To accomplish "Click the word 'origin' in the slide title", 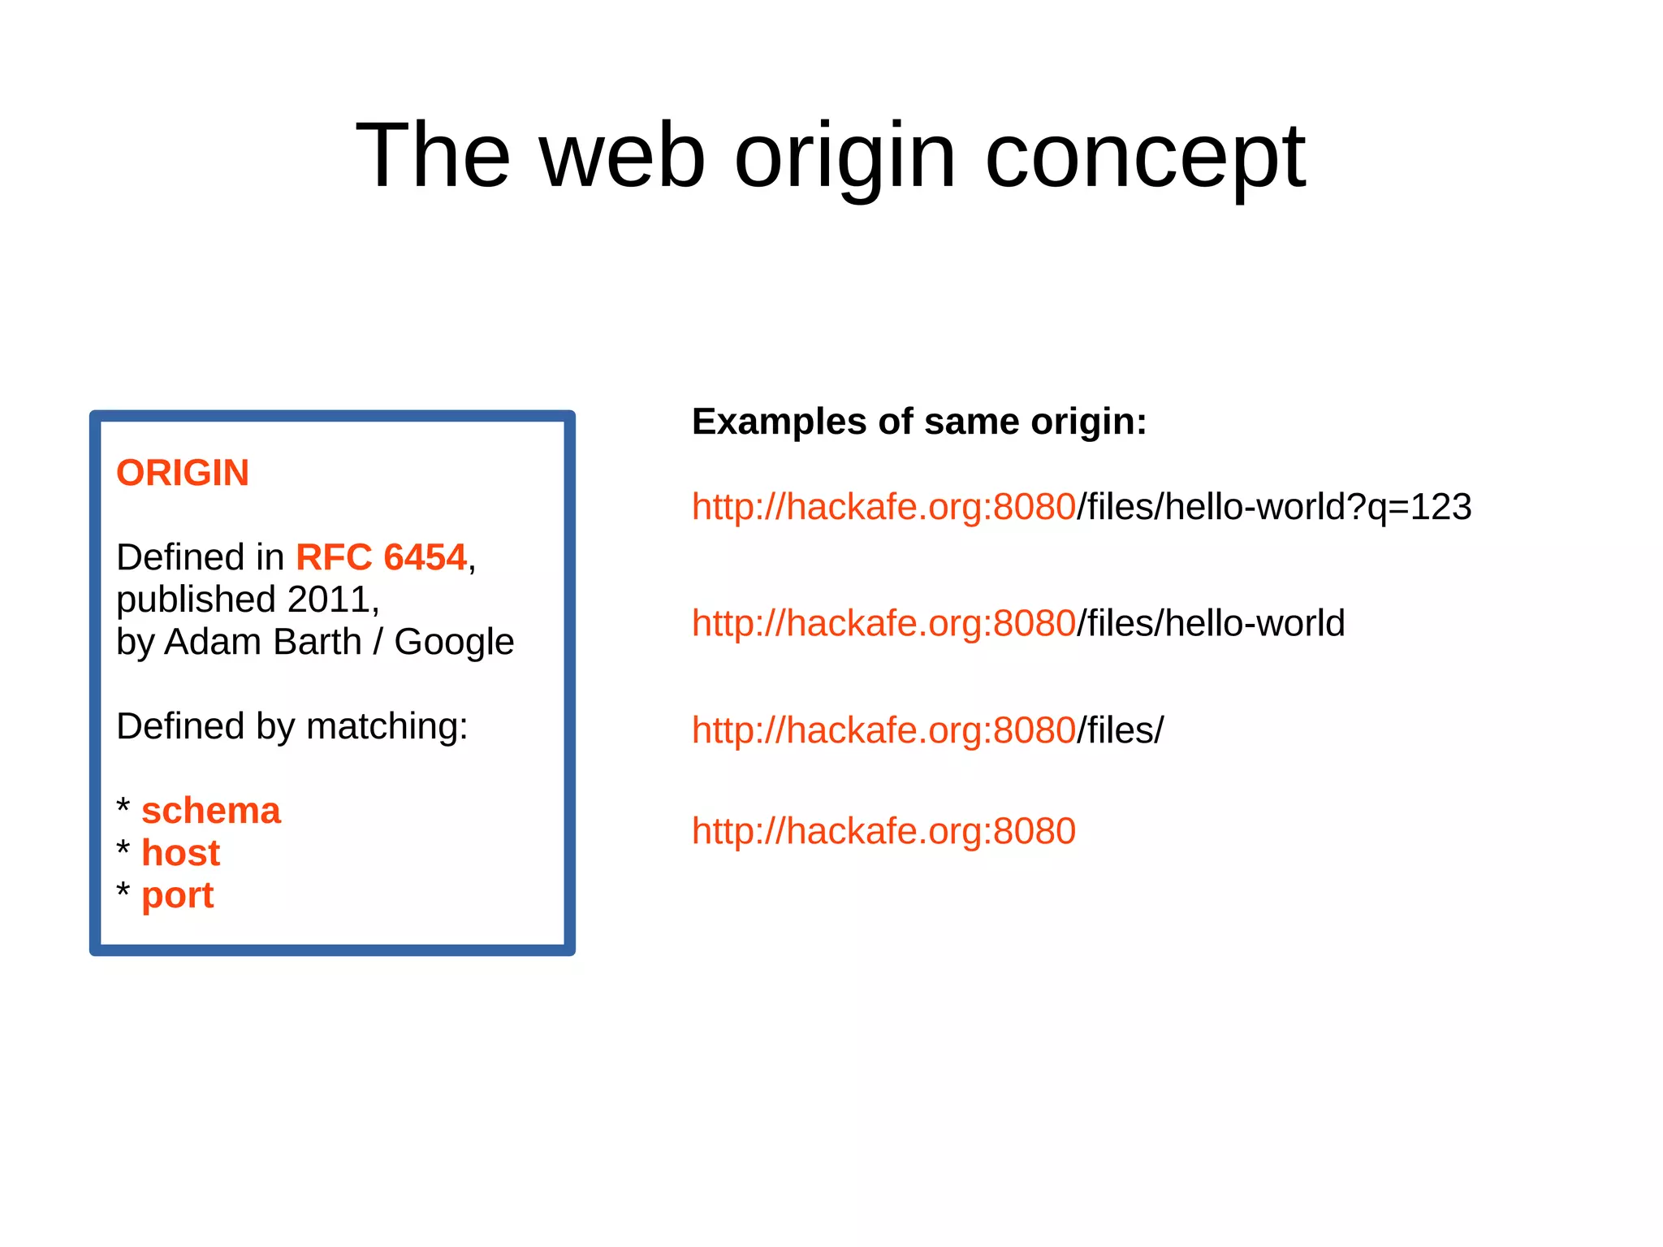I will coord(844,156).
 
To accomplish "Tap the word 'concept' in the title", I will coord(1145,156).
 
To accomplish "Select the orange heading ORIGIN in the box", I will coord(183,473).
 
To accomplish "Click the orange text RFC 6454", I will coord(381,557).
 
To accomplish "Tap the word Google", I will coord(454,642).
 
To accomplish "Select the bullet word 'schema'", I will coord(211,811).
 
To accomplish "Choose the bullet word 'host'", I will coord(180,853).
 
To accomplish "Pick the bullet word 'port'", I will coord(177,895).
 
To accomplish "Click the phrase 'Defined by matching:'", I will coord(292,726).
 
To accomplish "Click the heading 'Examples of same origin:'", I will coord(919,422).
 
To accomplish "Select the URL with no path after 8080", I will coord(883,831).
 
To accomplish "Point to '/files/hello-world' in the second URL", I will coord(1211,623).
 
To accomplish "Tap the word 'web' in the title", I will coord(623,156).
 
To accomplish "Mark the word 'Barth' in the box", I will coord(318,642).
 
